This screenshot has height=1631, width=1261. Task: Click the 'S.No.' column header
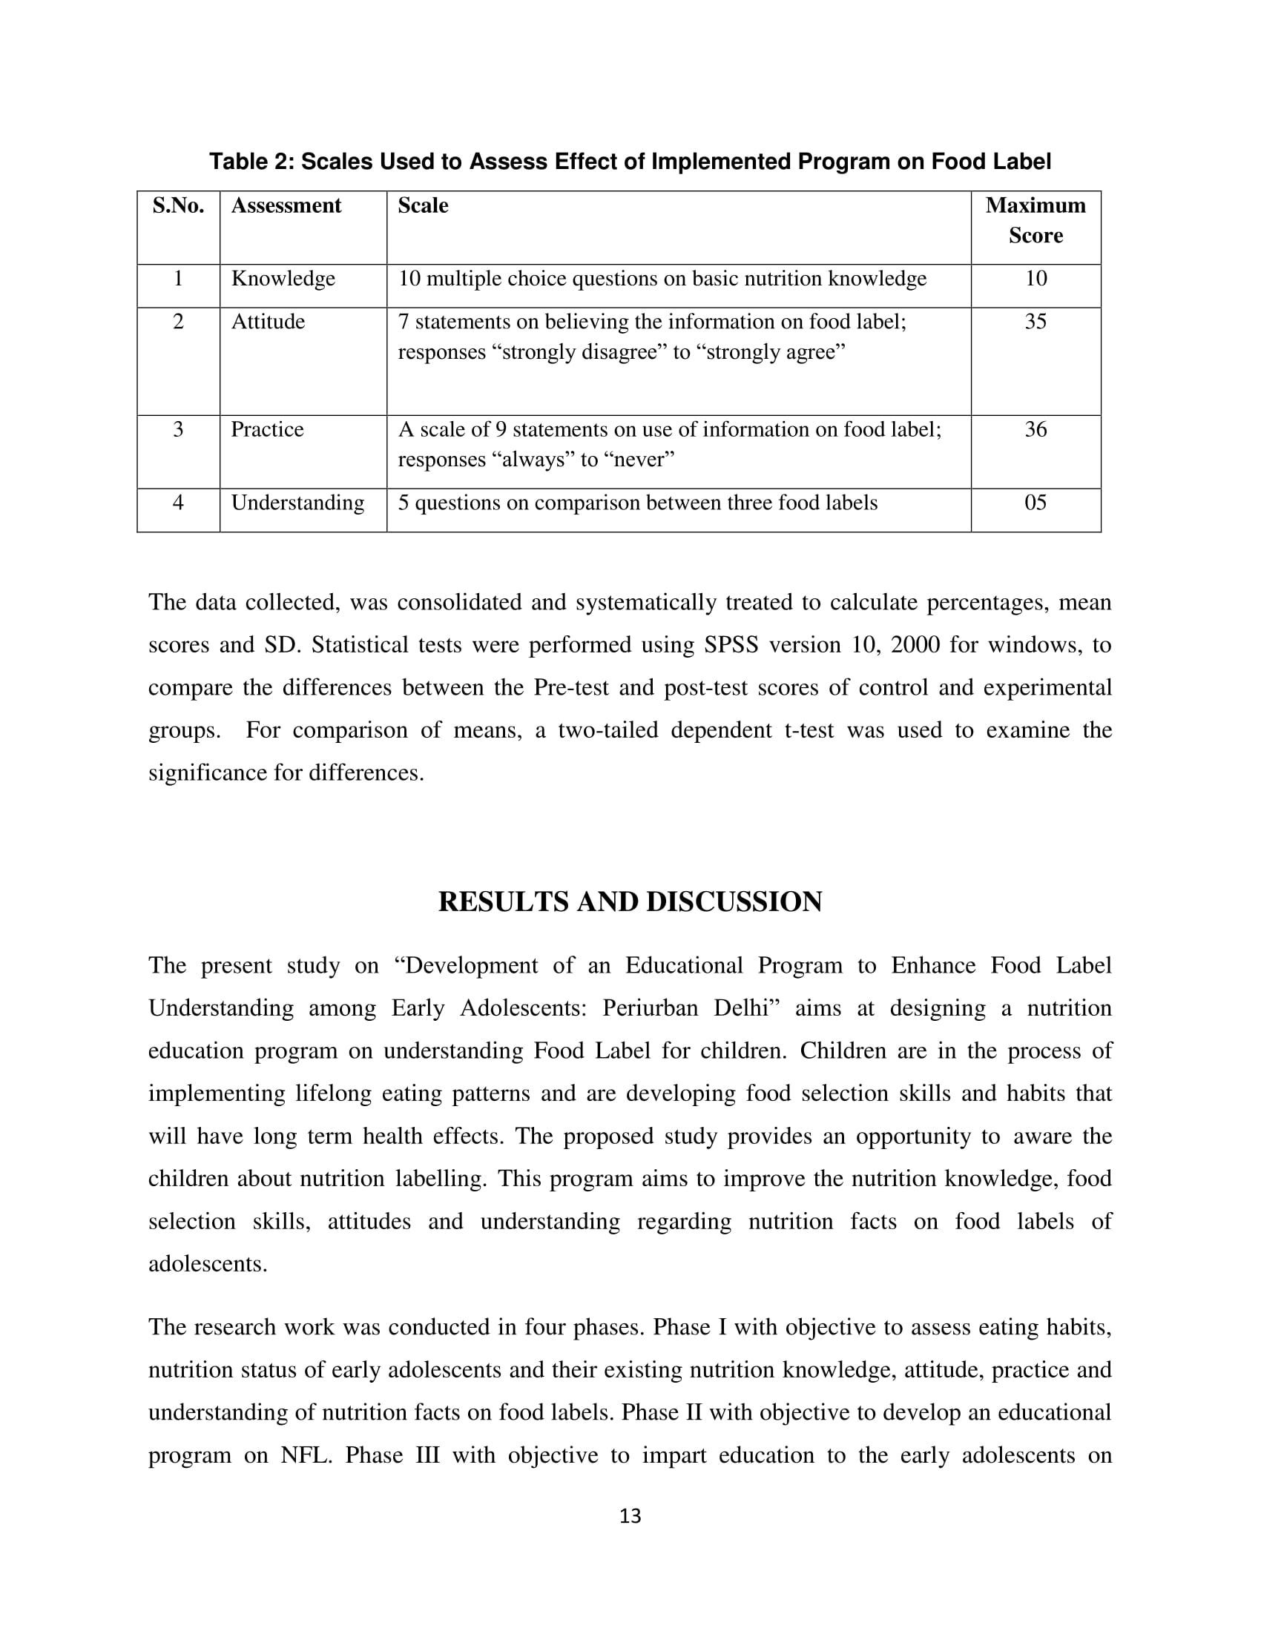(x=178, y=205)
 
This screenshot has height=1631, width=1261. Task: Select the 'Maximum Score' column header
(x=1035, y=220)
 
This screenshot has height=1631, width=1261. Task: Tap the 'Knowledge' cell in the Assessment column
(x=283, y=279)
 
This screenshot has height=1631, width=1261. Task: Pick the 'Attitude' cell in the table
(x=269, y=322)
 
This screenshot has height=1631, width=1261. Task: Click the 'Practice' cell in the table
(x=268, y=429)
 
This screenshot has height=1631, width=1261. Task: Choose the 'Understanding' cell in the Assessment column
(x=298, y=503)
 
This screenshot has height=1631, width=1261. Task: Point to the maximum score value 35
(x=1035, y=322)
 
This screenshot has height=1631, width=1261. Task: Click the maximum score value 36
(x=1035, y=429)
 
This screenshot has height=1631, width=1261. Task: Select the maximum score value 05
(x=1035, y=503)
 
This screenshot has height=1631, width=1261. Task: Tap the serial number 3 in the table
(x=178, y=429)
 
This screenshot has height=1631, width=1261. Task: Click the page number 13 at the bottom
(x=630, y=1516)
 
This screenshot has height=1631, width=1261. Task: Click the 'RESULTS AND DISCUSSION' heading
(x=630, y=902)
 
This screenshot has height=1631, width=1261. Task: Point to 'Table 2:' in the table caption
(x=251, y=162)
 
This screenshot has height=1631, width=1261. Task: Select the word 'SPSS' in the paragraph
(x=731, y=644)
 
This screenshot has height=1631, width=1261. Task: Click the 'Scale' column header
(x=423, y=205)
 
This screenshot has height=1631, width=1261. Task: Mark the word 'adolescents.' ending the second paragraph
(x=208, y=1264)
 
